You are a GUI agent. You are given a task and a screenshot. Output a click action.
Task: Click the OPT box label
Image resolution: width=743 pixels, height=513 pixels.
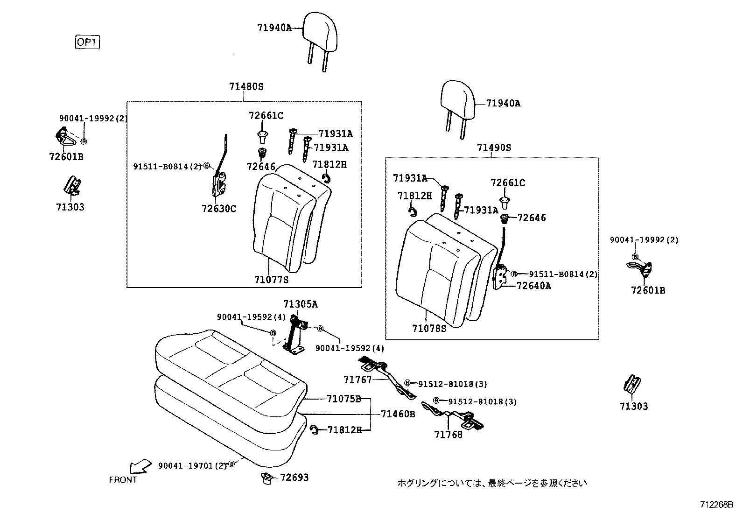point(87,42)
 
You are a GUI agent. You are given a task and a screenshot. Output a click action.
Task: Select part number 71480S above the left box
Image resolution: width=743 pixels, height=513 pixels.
point(246,86)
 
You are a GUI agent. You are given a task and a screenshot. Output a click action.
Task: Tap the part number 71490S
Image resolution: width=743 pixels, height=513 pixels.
point(494,148)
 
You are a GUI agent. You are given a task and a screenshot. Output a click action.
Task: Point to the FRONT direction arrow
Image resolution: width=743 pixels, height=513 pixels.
point(140,466)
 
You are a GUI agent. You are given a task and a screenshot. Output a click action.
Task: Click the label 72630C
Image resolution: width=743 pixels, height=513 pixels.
point(218,209)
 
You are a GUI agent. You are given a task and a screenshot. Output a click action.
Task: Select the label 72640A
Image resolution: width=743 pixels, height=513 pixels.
point(533,286)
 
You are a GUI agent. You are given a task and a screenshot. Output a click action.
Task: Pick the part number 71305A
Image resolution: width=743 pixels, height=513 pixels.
point(300,304)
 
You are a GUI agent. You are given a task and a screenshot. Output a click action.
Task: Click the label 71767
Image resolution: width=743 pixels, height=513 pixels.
point(357,380)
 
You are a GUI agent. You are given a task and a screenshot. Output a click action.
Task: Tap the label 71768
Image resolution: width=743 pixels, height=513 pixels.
point(448,435)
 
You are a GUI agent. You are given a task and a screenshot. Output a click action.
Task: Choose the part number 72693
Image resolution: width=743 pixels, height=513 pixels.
point(294,478)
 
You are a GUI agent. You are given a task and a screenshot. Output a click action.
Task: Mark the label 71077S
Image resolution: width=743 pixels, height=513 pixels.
point(271,280)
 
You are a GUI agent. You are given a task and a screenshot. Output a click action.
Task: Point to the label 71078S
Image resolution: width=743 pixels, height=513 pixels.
point(429,329)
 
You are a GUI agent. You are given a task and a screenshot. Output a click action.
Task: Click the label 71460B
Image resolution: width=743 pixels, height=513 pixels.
point(398,414)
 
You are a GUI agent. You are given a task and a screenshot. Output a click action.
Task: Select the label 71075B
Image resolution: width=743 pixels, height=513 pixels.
point(344,399)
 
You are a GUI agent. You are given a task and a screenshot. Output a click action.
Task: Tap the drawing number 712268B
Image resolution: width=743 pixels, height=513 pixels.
point(716,505)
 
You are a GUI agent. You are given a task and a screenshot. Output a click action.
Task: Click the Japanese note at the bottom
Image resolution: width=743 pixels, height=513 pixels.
point(492,483)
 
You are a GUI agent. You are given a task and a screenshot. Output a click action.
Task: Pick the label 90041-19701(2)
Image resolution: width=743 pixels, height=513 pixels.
point(192,465)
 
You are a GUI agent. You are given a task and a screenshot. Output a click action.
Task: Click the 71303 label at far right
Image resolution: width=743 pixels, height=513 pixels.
point(634,406)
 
